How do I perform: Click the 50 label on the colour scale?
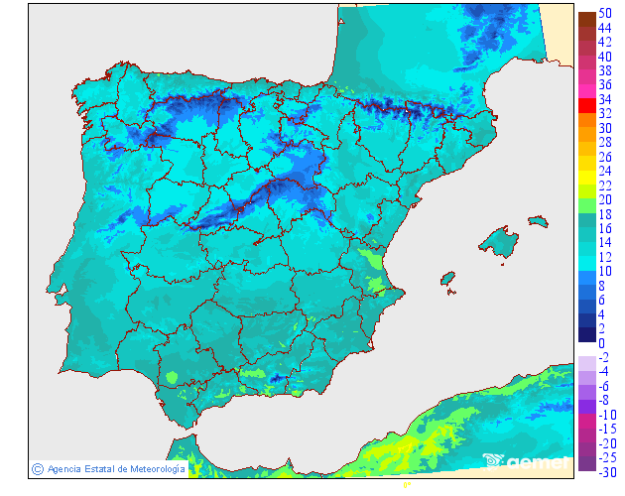(603, 13)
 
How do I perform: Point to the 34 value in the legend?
(603, 100)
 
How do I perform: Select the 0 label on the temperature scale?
(601, 343)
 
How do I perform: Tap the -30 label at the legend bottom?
(603, 472)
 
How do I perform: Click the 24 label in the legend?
(603, 171)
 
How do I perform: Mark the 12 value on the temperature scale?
(603, 257)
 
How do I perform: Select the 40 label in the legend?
(603, 57)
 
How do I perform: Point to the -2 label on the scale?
(603, 357)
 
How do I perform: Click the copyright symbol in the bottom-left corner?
(37, 468)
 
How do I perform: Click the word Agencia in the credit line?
(64, 468)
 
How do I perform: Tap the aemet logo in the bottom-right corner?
(526, 460)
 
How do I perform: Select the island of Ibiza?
(448, 280)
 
